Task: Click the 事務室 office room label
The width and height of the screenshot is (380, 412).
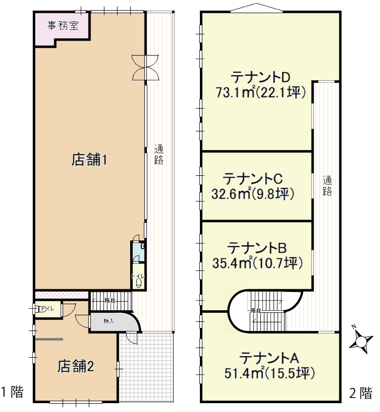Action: pyautogui.click(x=63, y=26)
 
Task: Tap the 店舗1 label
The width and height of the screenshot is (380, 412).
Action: pyautogui.click(x=89, y=160)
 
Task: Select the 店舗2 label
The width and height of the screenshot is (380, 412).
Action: pyautogui.click(x=76, y=366)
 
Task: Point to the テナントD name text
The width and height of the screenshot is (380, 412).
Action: pyautogui.click(x=260, y=77)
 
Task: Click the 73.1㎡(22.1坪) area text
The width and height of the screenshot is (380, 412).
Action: pyautogui.click(x=261, y=92)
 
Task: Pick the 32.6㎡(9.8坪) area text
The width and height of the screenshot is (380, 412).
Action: pyautogui.click(x=253, y=194)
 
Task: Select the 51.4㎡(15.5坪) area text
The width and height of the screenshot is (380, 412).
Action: pyautogui.click(x=270, y=373)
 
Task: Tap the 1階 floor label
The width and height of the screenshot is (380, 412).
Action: pyautogui.click(x=12, y=392)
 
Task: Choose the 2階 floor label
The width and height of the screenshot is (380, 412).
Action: pyautogui.click(x=361, y=393)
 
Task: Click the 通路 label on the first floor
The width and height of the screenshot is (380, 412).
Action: pyautogui.click(x=159, y=155)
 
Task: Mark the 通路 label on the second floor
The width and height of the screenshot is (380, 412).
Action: pyautogui.click(x=327, y=186)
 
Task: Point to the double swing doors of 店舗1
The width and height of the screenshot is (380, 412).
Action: pyautogui.click(x=145, y=67)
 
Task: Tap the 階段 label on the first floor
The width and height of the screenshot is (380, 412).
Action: pyautogui.click(x=110, y=300)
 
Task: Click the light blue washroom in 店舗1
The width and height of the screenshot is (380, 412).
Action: pyautogui.click(x=138, y=252)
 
